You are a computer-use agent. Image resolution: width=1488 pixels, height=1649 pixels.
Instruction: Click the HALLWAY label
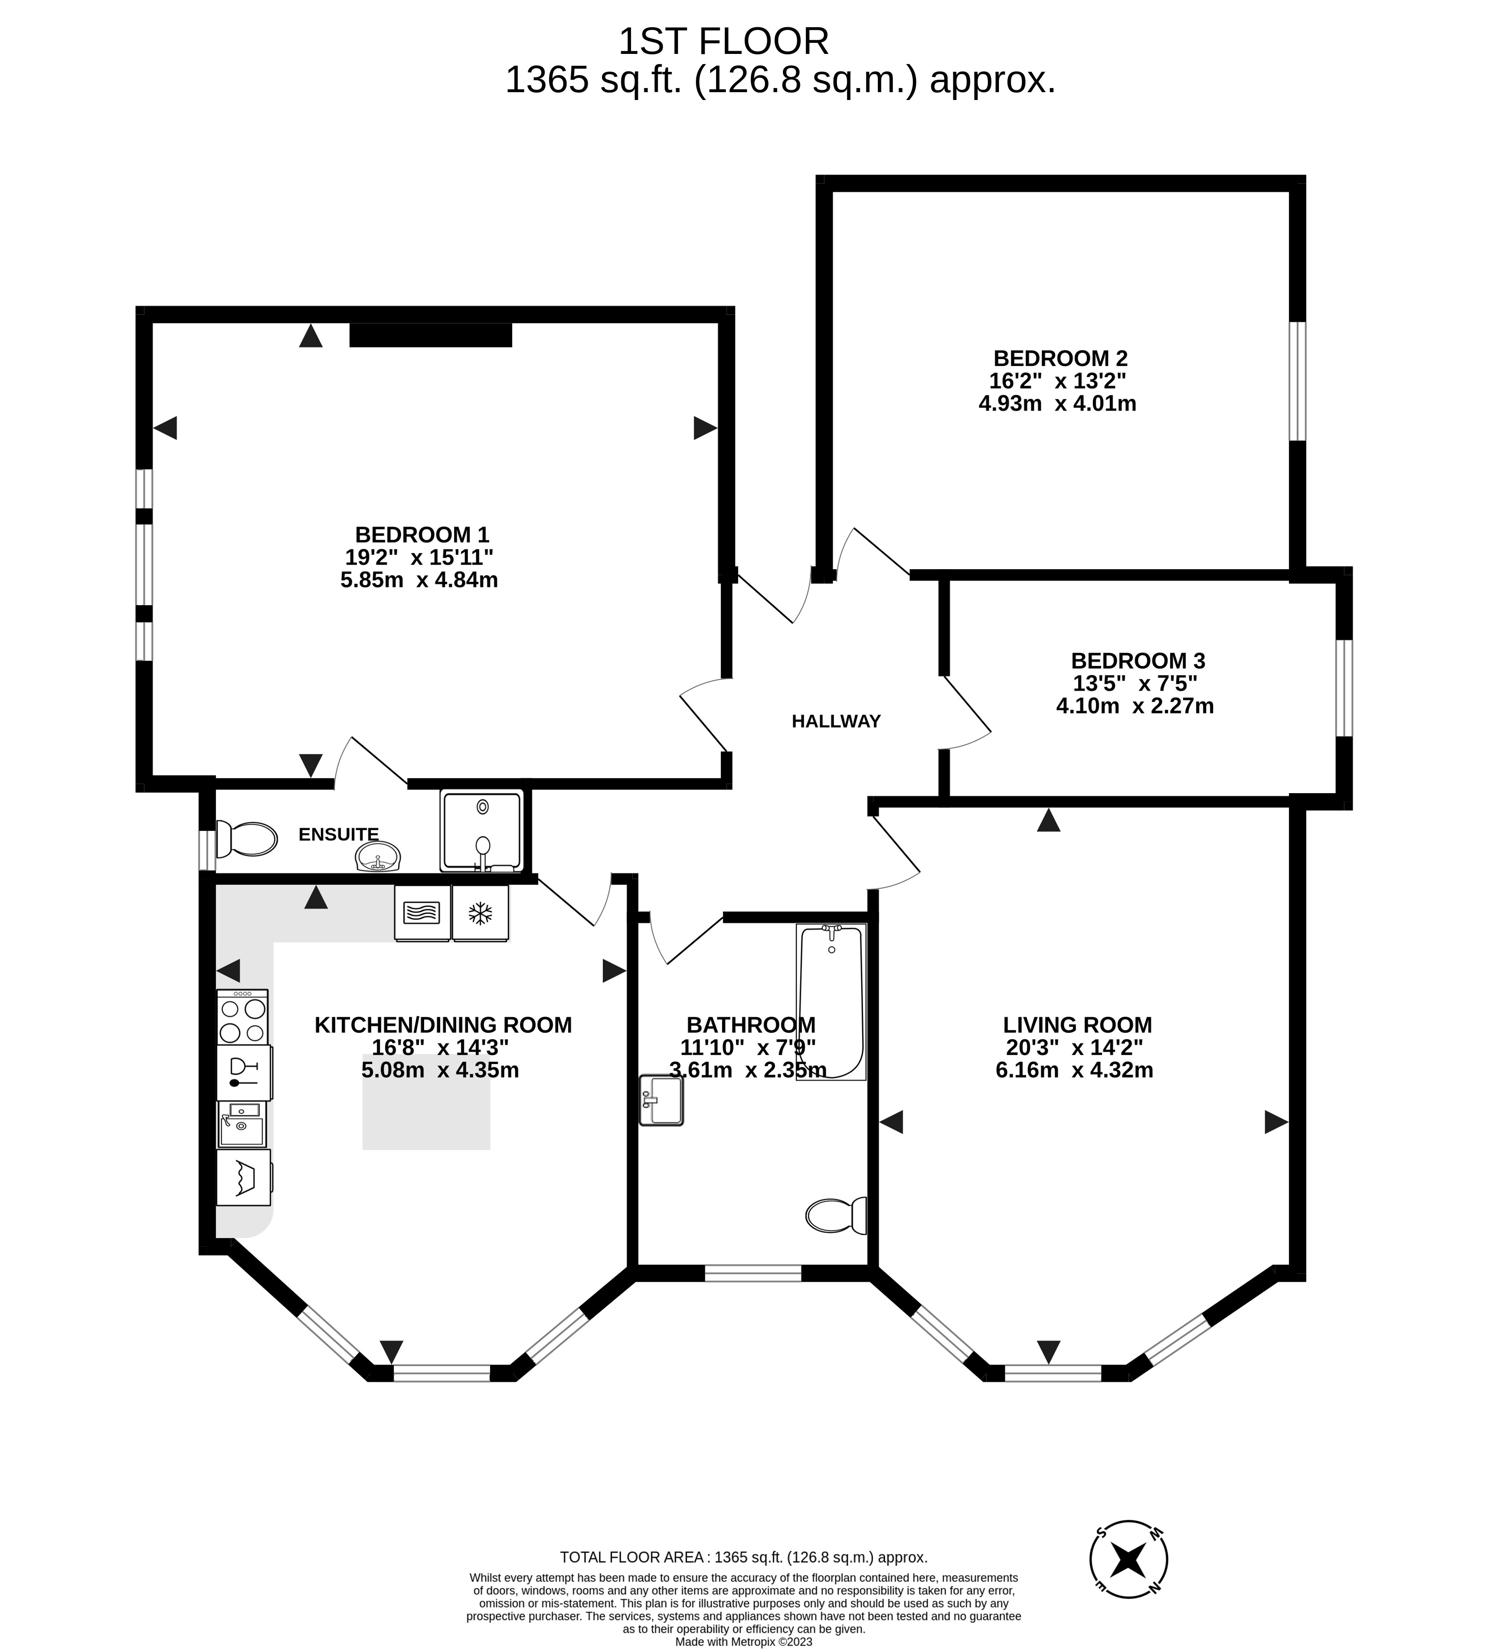pos(835,721)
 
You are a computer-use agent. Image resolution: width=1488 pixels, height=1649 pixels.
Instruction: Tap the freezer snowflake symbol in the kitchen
pos(480,913)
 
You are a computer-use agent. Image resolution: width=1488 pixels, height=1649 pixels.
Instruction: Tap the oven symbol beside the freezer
pos(422,913)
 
